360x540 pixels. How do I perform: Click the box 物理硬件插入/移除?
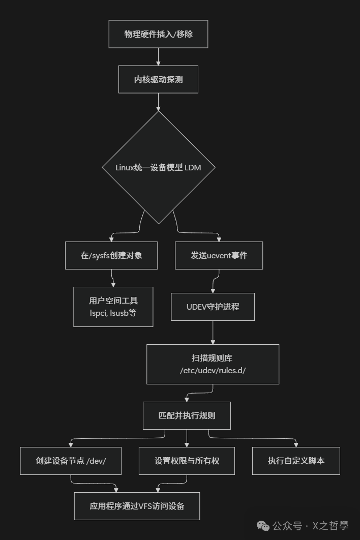pyautogui.click(x=158, y=34)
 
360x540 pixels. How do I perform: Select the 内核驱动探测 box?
pyautogui.click(x=158, y=79)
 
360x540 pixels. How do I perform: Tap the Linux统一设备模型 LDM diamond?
pyautogui.click(x=158, y=167)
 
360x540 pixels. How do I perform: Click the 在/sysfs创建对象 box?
pyautogui.click(x=111, y=255)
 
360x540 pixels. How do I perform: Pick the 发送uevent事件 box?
pyautogui.click(x=219, y=255)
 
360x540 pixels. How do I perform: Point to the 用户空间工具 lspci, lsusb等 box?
pyautogui.click(x=113, y=307)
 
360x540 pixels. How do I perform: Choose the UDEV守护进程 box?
pyautogui.click(x=213, y=307)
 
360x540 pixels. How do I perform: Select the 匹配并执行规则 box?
pyautogui.click(x=187, y=415)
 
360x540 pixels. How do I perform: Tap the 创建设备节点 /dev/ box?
pyautogui.click(x=71, y=461)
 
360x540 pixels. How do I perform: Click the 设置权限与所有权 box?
pyautogui.click(x=187, y=461)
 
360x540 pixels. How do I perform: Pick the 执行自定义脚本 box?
pyautogui.click(x=296, y=461)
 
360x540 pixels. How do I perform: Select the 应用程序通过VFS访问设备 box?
pyautogui.click(x=137, y=506)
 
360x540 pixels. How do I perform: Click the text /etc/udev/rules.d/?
pyautogui.click(x=213, y=371)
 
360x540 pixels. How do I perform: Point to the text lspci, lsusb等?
pyautogui.click(x=113, y=313)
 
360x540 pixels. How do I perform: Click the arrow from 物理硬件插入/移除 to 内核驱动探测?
pyautogui.click(x=158, y=56)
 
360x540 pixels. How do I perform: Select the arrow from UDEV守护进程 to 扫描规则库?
pyautogui.click(x=213, y=333)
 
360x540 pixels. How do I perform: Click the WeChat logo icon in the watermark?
pyautogui.click(x=263, y=525)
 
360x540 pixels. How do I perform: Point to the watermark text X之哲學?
pyautogui.click(x=330, y=525)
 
